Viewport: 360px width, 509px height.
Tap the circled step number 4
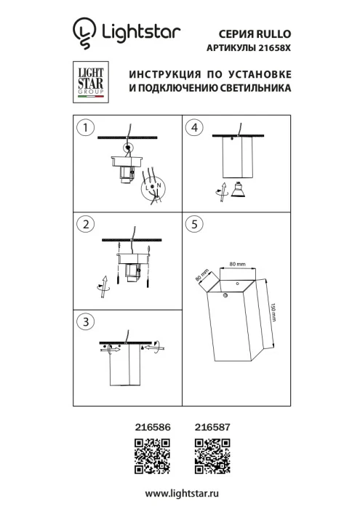193,129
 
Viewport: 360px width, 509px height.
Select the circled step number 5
193,225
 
